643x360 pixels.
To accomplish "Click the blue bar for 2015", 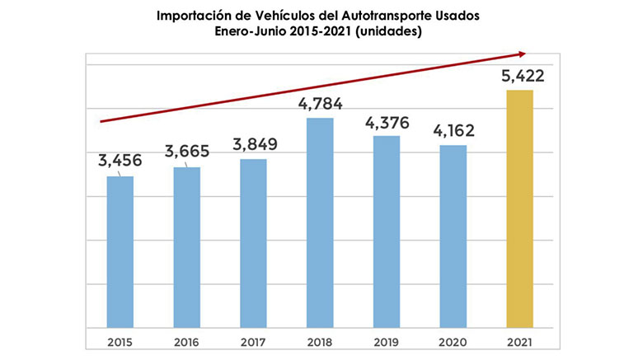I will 120,251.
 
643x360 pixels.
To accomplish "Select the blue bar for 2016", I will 187,247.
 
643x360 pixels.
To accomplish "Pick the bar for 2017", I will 253,243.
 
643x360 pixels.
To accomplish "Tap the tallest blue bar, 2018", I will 320,222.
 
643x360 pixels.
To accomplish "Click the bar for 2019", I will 387,231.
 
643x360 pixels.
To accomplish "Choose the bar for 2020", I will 453,236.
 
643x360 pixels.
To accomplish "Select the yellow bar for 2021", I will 519,208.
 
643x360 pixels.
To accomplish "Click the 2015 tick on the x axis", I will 120,340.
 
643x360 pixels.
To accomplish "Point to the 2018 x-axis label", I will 320,340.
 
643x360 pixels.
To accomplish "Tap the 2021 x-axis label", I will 519,340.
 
